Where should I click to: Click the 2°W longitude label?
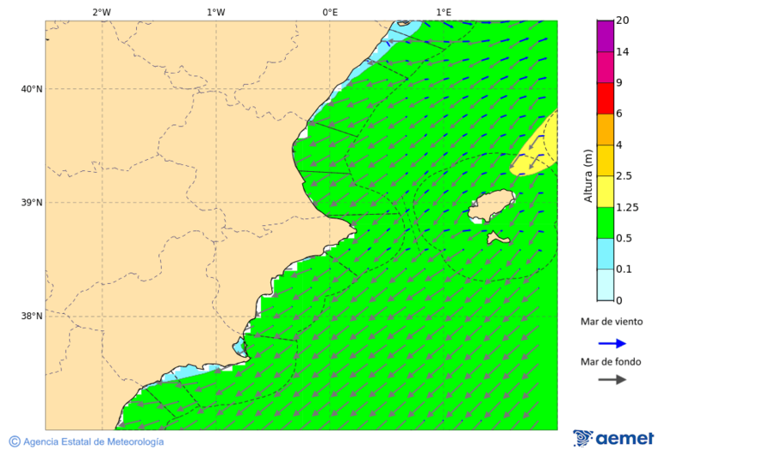(x=101, y=12)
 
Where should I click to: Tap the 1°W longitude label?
(x=216, y=12)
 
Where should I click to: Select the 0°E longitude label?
(x=329, y=12)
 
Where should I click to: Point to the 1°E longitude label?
(x=444, y=12)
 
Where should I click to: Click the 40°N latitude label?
(x=32, y=89)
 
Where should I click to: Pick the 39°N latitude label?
(x=32, y=203)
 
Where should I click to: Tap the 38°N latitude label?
(x=32, y=317)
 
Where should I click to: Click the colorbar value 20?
(x=622, y=21)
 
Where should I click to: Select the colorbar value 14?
(x=622, y=52)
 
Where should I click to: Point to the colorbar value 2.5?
(x=625, y=176)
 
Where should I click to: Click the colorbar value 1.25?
(x=627, y=207)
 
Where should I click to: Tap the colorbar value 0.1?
(x=625, y=269)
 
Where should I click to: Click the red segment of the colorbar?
(x=605, y=98)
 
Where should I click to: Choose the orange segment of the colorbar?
(x=605, y=129)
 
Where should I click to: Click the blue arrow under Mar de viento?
(x=612, y=343)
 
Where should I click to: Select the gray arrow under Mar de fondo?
(x=612, y=379)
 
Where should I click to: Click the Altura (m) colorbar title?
(x=588, y=175)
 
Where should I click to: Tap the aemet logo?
(x=613, y=438)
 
